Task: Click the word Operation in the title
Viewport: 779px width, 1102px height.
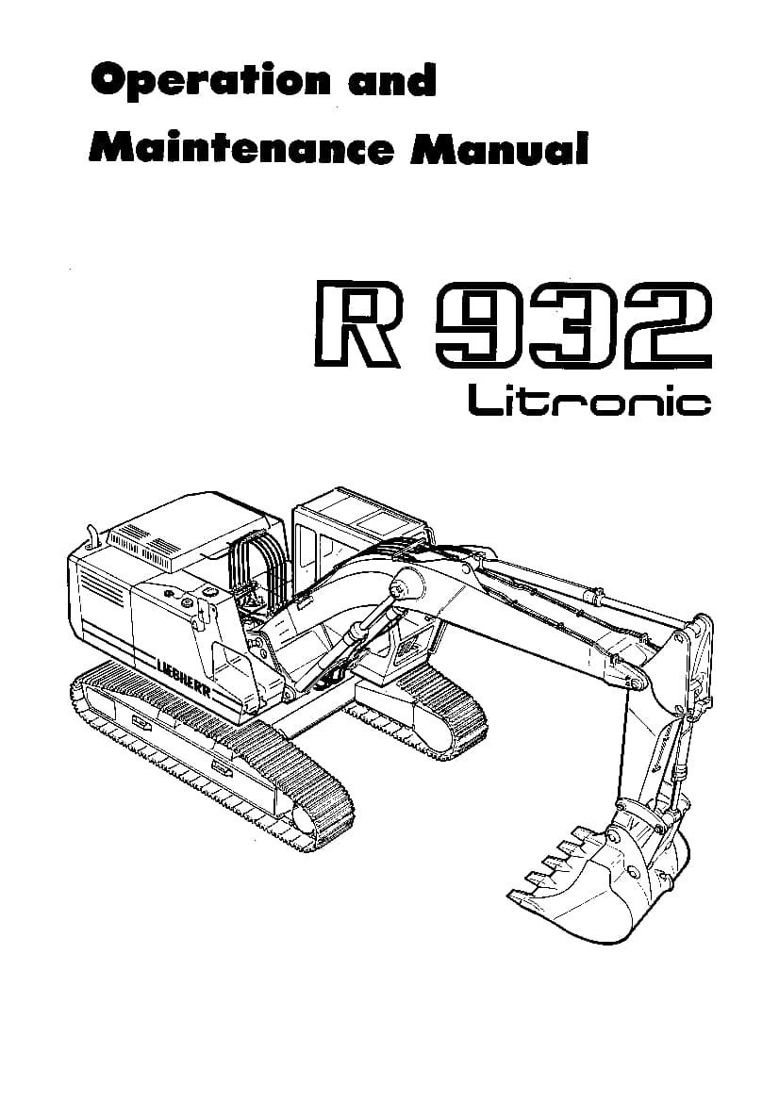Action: coord(209,81)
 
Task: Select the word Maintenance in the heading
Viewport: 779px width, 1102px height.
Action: coord(240,148)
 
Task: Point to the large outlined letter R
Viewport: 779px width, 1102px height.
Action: coord(356,323)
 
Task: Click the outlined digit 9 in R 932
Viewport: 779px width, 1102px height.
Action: coord(478,323)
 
